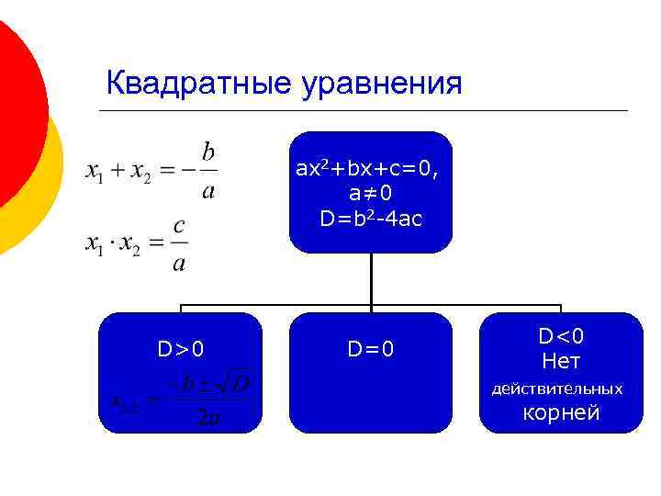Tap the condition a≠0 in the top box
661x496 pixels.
click(371, 194)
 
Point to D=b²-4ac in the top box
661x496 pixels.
click(371, 219)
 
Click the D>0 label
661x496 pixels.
click(180, 349)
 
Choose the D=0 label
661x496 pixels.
click(371, 349)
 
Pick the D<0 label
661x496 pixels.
click(561, 336)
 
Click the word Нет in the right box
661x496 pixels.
click(561, 361)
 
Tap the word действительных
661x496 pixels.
click(557, 389)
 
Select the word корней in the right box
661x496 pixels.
click(561, 413)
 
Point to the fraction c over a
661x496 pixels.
click(179, 244)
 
